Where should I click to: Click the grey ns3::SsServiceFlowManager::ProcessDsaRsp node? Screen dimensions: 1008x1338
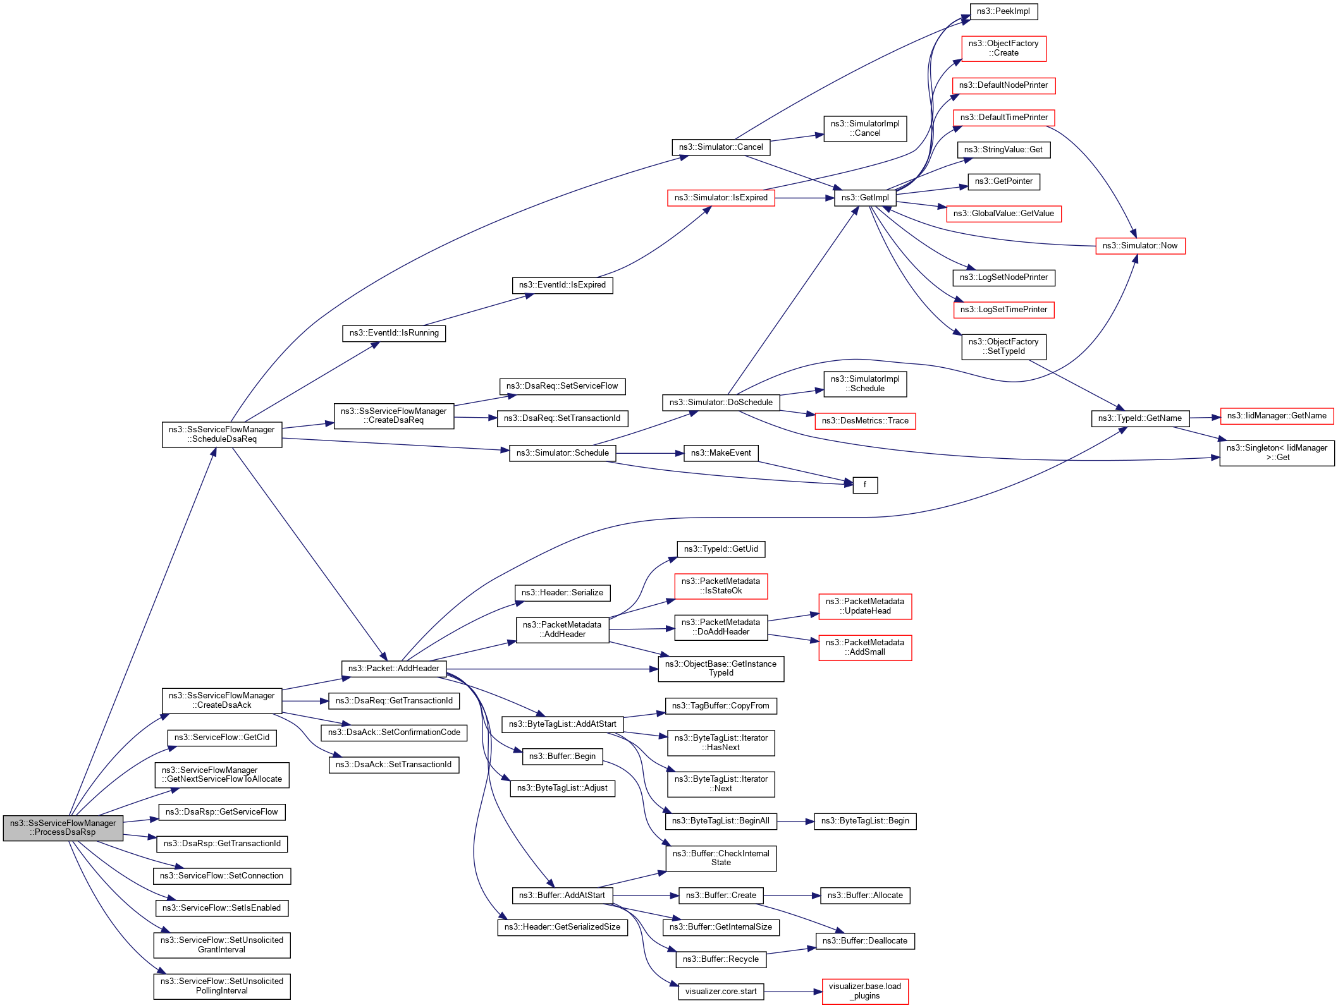point(63,828)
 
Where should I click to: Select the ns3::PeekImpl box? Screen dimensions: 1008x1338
point(1004,11)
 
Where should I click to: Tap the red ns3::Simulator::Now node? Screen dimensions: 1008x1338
point(1140,246)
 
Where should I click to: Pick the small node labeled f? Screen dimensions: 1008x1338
point(865,485)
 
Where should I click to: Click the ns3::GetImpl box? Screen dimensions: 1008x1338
point(865,198)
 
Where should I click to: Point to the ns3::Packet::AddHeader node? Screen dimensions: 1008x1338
point(393,669)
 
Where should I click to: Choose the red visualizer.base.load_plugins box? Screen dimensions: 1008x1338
point(865,991)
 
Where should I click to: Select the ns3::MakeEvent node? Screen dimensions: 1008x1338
point(721,453)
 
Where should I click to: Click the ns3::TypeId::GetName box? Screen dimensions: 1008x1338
point(1140,418)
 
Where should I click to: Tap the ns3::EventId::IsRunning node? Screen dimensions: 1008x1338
point(394,333)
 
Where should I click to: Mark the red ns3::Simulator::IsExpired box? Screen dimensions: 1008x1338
point(721,198)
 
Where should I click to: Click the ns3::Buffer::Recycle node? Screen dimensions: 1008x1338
point(721,959)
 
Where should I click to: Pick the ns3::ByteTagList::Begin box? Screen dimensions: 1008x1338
point(865,821)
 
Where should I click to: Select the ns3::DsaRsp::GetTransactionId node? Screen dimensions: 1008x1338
point(222,844)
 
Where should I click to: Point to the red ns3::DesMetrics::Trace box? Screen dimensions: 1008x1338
point(865,421)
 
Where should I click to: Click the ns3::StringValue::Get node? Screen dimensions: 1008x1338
point(1004,150)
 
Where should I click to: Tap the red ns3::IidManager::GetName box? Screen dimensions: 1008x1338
point(1277,416)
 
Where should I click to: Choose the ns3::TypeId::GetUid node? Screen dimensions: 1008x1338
point(721,549)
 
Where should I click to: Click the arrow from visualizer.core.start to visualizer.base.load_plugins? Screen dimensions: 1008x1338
point(794,992)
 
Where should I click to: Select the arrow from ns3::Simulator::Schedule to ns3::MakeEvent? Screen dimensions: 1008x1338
point(650,453)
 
